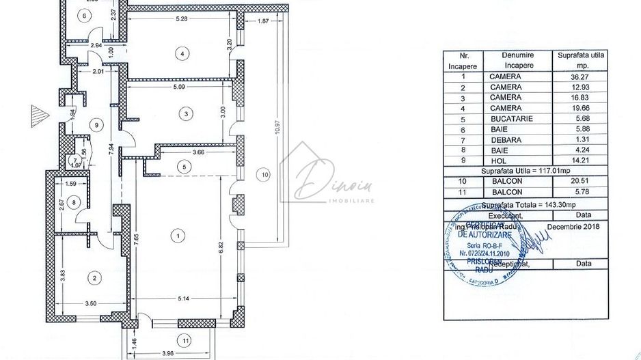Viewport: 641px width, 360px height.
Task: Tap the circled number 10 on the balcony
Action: coord(266,175)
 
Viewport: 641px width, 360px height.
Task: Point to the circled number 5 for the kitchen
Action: coord(183,165)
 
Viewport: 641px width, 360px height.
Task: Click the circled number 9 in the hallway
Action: coord(97,124)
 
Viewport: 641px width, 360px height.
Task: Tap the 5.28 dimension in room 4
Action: coord(181,18)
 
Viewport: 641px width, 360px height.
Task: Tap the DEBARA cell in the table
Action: coord(505,140)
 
